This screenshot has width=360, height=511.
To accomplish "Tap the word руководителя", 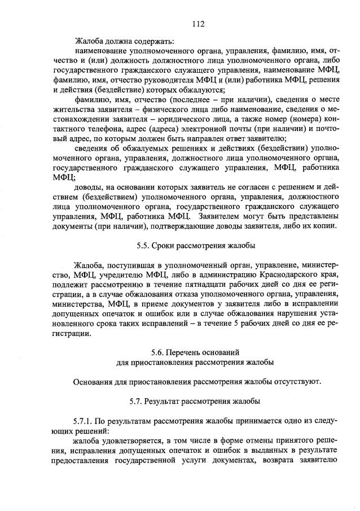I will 162,80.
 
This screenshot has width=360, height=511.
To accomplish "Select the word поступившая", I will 128,265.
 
